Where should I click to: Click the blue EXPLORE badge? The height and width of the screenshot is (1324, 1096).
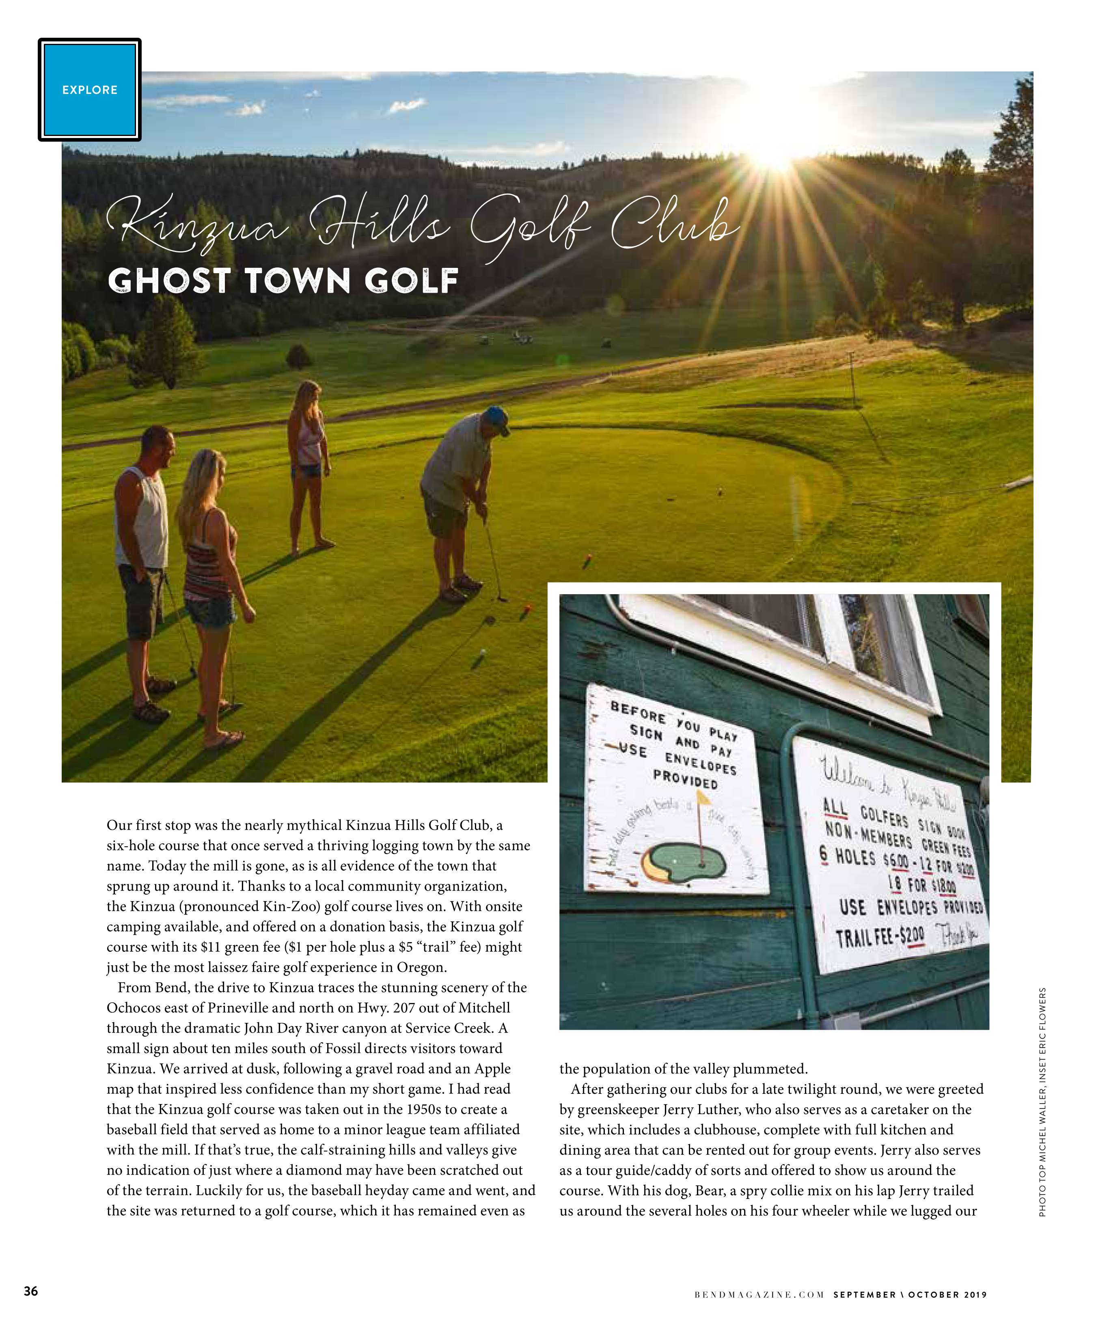point(90,90)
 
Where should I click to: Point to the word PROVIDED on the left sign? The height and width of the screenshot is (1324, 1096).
point(686,779)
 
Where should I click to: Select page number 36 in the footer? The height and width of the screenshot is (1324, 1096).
point(31,1291)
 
